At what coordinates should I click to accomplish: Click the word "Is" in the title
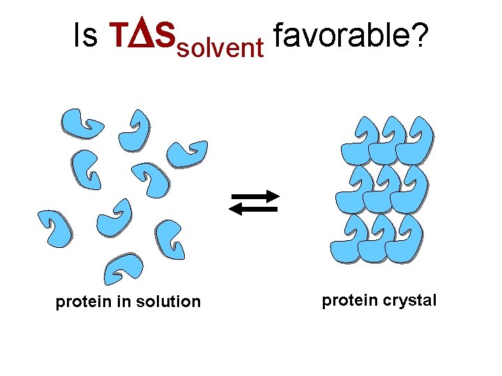(85, 36)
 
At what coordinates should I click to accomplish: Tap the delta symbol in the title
(139, 36)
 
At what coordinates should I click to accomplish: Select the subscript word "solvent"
(220, 48)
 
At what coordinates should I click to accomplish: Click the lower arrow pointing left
(254, 208)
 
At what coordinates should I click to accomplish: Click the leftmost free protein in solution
(54, 227)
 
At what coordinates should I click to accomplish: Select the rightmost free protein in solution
(186, 154)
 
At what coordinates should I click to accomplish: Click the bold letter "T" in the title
(118, 36)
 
